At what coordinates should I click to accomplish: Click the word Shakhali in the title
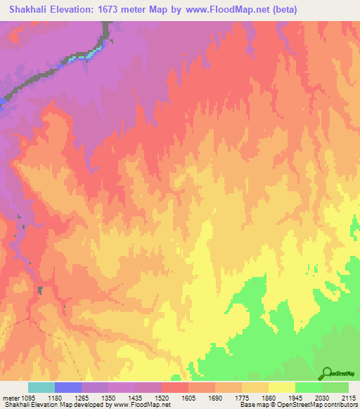(x=27, y=10)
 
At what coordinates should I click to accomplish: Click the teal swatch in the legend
(x=41, y=387)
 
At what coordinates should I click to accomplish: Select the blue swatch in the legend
(x=68, y=387)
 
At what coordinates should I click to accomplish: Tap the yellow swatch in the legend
(x=282, y=387)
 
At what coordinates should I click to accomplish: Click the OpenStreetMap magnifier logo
(x=326, y=373)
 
